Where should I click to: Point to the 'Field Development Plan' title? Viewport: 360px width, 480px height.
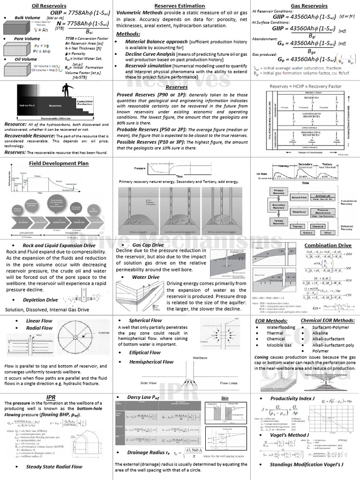point(59,163)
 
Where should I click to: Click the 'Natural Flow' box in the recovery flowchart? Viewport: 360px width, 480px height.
point(299,198)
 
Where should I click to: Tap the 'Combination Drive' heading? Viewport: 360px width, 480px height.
point(328,245)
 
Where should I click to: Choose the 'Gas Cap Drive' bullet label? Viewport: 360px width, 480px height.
point(148,245)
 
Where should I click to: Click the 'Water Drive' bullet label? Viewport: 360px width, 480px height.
point(145,277)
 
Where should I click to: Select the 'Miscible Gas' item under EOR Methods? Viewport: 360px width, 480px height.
point(279,345)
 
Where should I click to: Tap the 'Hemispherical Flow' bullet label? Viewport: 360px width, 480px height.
point(151,361)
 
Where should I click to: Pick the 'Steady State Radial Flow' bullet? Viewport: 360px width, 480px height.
point(54,466)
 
